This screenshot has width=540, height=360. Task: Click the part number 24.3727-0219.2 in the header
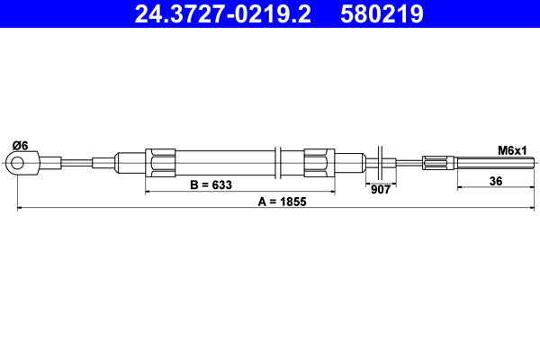[x=222, y=14]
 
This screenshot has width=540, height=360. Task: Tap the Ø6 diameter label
[x=20, y=146]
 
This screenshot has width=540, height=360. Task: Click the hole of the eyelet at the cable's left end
[x=16, y=163]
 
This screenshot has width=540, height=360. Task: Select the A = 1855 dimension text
[x=282, y=202]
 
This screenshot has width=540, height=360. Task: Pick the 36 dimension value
[x=494, y=180]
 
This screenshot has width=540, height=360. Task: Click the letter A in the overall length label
[x=262, y=202]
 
